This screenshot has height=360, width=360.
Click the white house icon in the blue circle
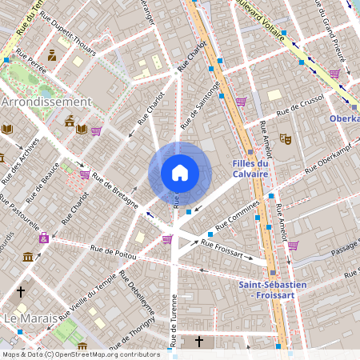click(180, 173)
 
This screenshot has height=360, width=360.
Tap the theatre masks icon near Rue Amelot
click(285, 138)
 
